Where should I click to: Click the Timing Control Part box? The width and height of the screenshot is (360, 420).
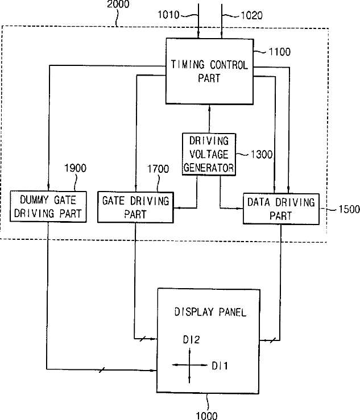[x=209, y=71]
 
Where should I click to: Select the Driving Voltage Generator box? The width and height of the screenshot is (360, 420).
[x=209, y=154]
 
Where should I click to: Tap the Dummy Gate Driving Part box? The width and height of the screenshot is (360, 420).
[x=48, y=206]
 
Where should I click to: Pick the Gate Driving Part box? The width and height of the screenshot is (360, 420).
[x=135, y=207]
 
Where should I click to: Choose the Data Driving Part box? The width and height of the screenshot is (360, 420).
[x=281, y=209]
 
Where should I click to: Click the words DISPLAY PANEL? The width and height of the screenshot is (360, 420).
[x=210, y=312]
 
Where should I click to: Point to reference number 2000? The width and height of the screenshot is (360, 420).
[x=118, y=4]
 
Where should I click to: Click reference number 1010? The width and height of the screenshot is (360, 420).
[x=168, y=15]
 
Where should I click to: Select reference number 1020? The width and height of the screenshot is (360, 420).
[x=251, y=15]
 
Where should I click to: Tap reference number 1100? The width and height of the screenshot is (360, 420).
[x=279, y=52]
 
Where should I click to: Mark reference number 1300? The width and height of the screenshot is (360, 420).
[x=262, y=154]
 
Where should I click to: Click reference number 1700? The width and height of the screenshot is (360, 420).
[x=158, y=169]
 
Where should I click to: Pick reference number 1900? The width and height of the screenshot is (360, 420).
[x=75, y=168]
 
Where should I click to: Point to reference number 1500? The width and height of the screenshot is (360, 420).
[x=349, y=209]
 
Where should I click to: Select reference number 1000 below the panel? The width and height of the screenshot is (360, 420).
[x=206, y=415]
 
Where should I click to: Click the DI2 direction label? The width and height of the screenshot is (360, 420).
[x=192, y=340]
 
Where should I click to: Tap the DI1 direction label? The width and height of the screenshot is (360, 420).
[x=220, y=365]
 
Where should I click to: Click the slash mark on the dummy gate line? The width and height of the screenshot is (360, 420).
[x=101, y=370]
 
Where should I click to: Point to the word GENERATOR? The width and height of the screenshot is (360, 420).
[x=209, y=168]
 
